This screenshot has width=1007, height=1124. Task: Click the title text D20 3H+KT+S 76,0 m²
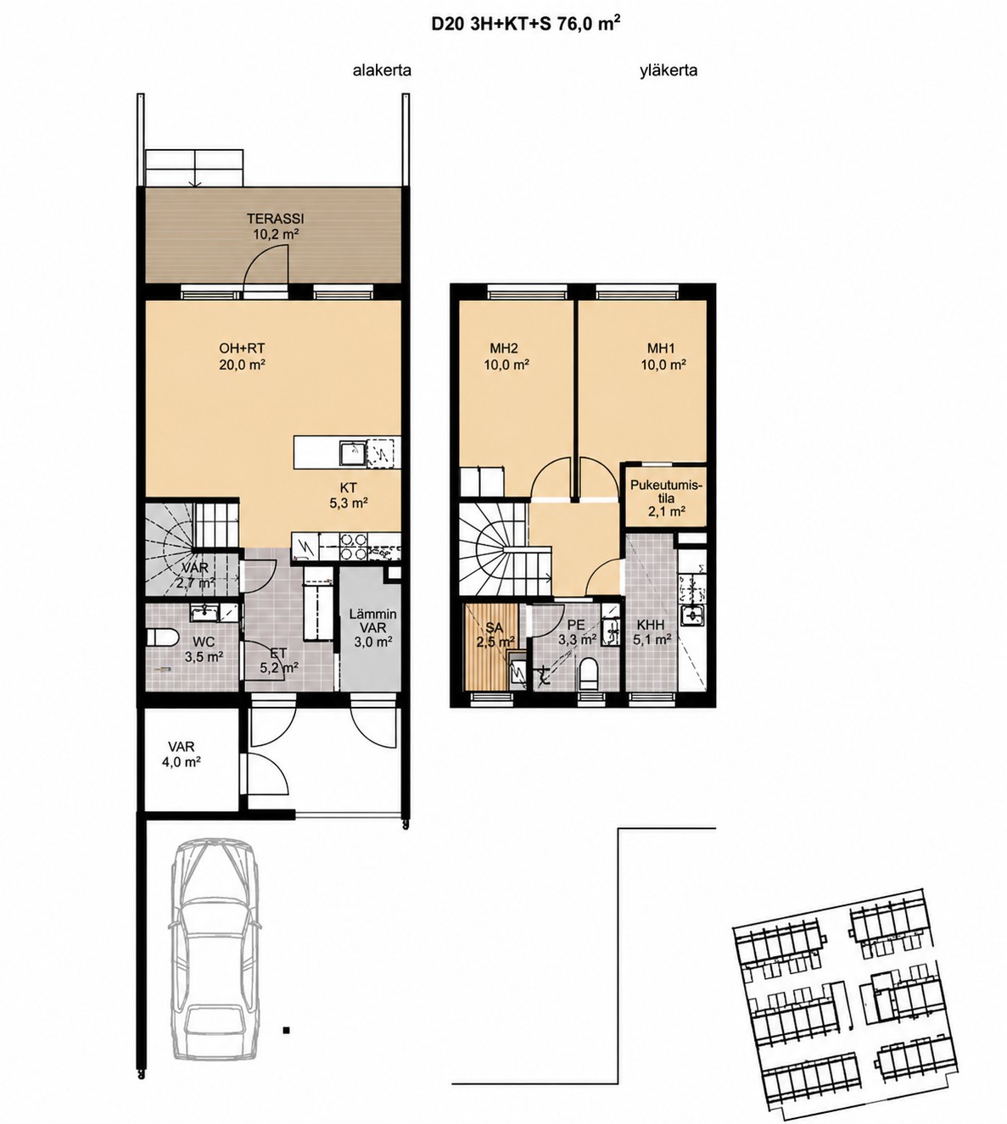point(526,24)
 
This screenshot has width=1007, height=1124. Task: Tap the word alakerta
point(382,70)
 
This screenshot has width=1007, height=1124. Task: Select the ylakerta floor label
point(669,70)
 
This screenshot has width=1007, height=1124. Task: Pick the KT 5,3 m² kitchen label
point(349,495)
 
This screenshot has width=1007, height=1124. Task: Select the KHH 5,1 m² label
point(652,632)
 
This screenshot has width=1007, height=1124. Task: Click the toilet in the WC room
point(160,637)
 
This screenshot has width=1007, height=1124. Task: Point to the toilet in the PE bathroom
point(588,674)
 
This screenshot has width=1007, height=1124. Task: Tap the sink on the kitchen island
point(352,452)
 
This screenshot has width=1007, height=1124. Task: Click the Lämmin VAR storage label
point(372,627)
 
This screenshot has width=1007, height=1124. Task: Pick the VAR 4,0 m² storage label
point(182,754)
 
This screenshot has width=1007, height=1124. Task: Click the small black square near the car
point(287,1030)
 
